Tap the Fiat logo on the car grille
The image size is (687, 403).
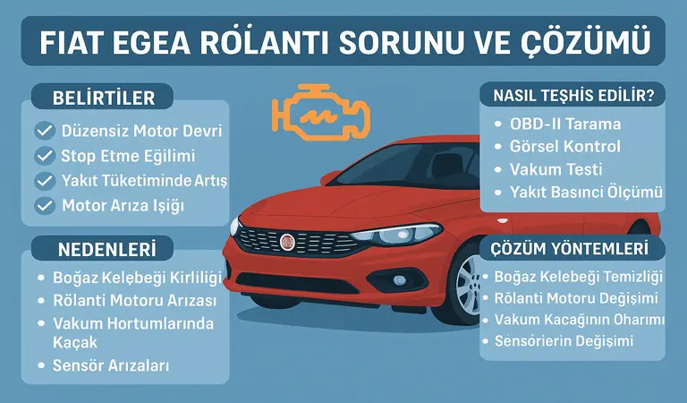tap(288, 243)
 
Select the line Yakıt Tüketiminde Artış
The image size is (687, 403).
tap(144, 181)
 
